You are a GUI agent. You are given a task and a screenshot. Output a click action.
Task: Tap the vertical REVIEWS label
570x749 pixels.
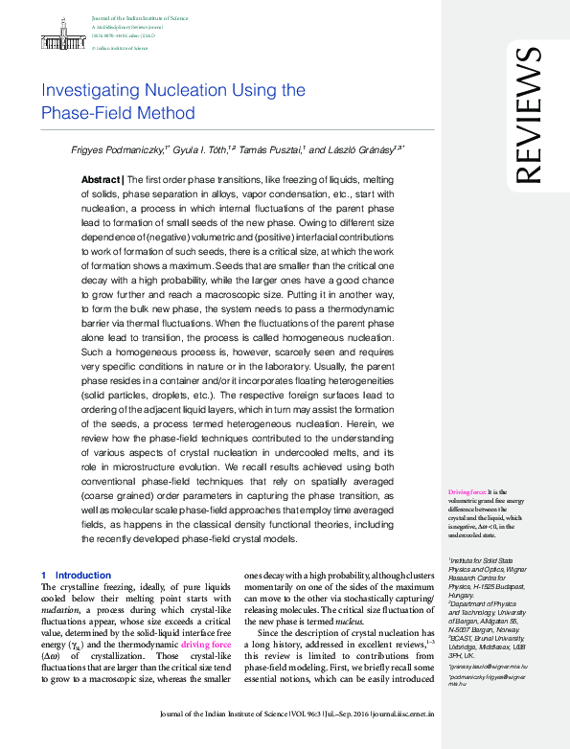point(530,115)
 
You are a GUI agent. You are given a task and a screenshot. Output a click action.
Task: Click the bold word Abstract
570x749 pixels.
point(100,180)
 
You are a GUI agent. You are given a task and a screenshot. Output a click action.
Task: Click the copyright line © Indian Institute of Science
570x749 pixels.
point(119,47)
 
